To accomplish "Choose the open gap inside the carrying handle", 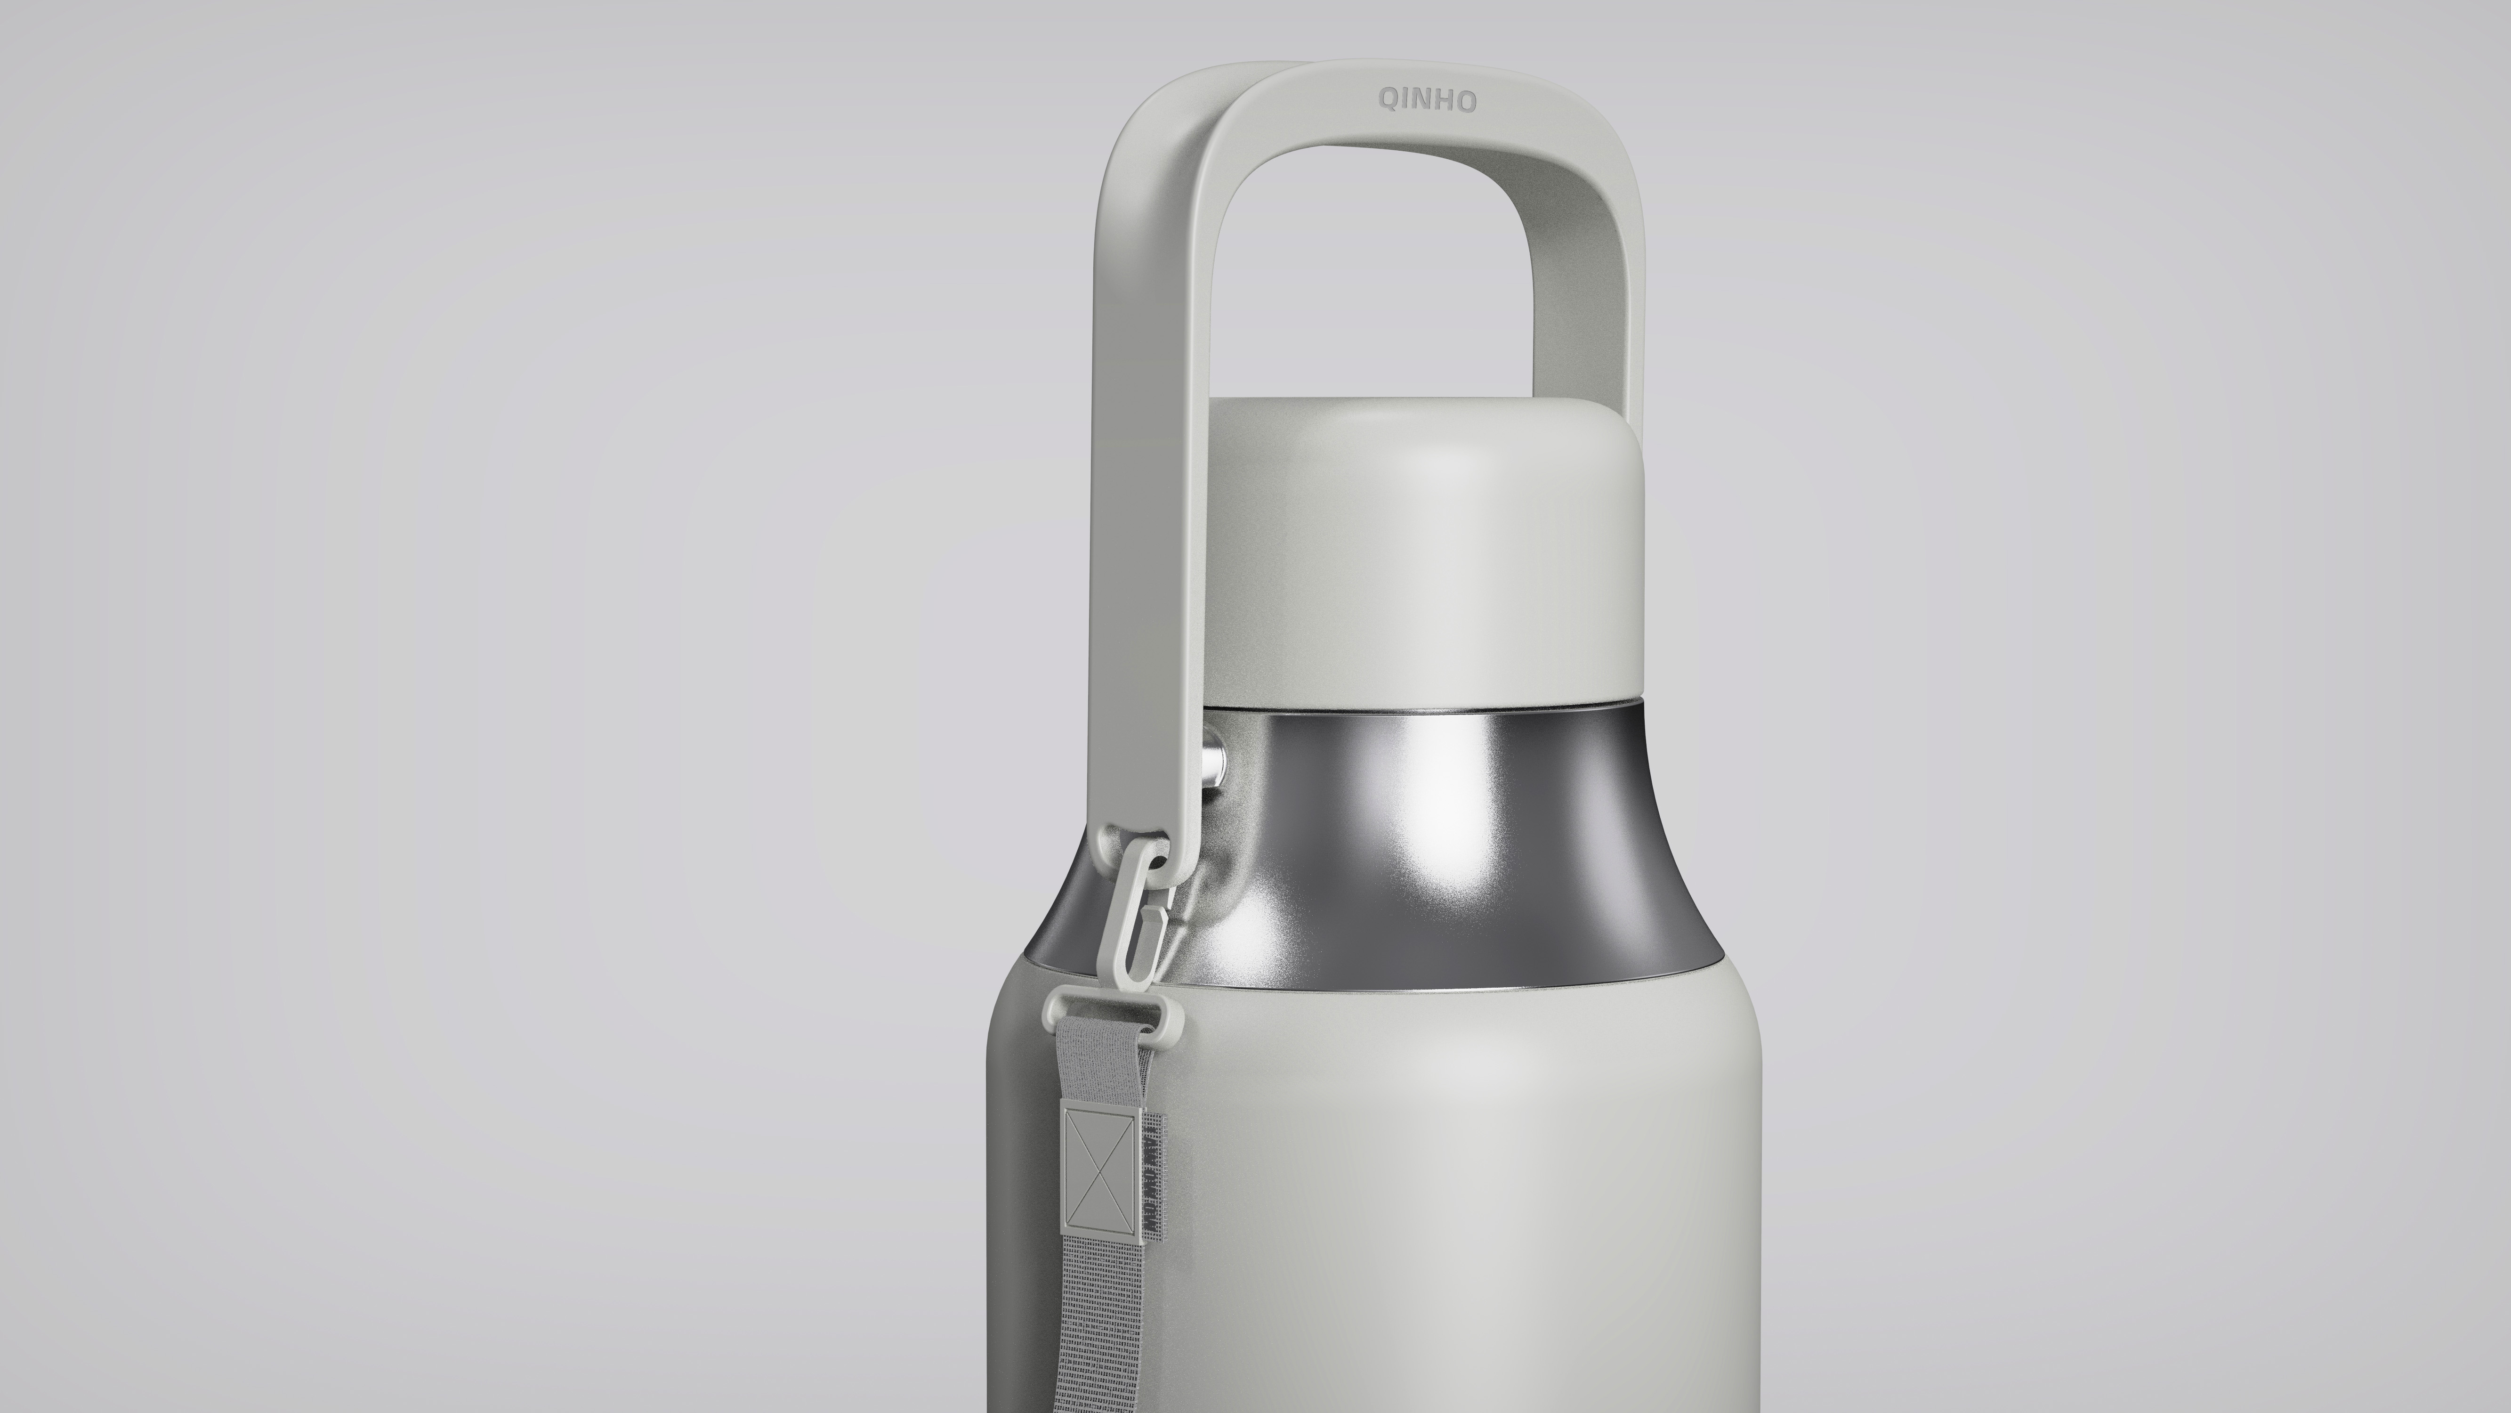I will (x=1384, y=283).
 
